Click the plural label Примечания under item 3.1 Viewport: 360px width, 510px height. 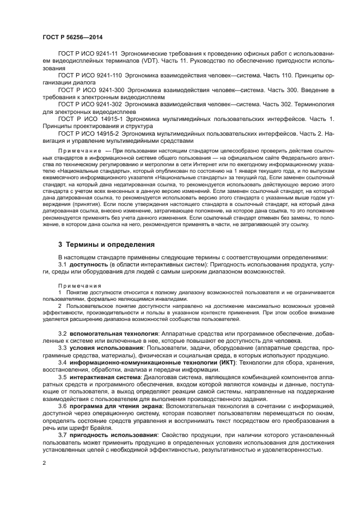76,285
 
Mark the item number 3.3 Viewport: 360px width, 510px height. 62,347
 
